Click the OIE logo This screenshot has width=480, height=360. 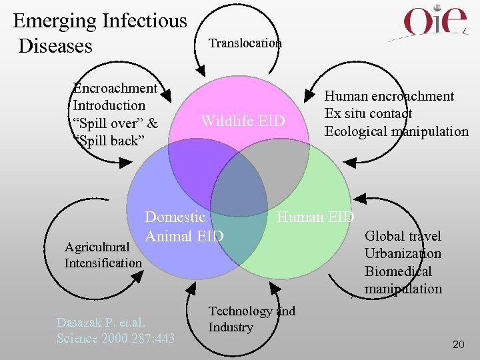click(437, 22)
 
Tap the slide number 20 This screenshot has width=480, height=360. click(458, 344)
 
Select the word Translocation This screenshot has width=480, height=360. click(245, 43)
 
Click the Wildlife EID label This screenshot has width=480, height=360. click(243, 121)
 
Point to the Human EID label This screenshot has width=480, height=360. click(315, 217)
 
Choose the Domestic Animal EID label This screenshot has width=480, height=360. click(184, 227)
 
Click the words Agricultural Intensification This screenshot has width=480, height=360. click(103, 255)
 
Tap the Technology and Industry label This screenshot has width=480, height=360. click(251, 319)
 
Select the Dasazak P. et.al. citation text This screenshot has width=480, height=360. click(115, 330)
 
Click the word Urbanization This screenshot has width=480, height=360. click(403, 253)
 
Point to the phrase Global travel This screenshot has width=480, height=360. click(403, 236)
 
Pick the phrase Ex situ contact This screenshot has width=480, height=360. click(368, 113)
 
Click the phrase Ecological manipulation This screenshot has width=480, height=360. click(396, 131)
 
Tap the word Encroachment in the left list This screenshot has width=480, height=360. click(115, 88)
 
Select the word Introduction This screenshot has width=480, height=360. click(109, 105)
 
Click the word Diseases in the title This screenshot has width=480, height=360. click(56, 46)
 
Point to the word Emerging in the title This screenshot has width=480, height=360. click(55, 21)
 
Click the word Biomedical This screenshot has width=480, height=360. click(398, 271)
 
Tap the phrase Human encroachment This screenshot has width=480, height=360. click(389, 96)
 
